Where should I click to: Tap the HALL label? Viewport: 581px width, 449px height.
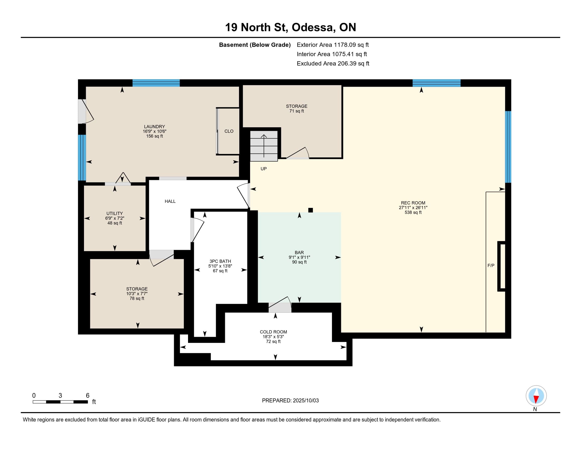click(170, 201)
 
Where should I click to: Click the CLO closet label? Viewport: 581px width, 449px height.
click(229, 131)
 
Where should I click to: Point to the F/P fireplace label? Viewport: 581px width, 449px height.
click(491, 265)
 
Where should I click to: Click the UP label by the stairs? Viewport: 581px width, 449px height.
click(264, 169)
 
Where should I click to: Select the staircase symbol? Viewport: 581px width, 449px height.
click(264, 146)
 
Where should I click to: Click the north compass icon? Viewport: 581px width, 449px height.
click(536, 396)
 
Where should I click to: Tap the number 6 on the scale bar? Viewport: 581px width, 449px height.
click(87, 396)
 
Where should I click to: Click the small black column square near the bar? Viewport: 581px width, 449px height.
click(311, 210)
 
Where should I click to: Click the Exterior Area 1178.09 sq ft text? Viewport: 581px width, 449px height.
click(333, 45)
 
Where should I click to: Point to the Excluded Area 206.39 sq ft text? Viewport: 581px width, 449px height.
click(333, 63)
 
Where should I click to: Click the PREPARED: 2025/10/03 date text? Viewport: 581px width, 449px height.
click(290, 401)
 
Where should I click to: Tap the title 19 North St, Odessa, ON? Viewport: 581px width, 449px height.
click(290, 27)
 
